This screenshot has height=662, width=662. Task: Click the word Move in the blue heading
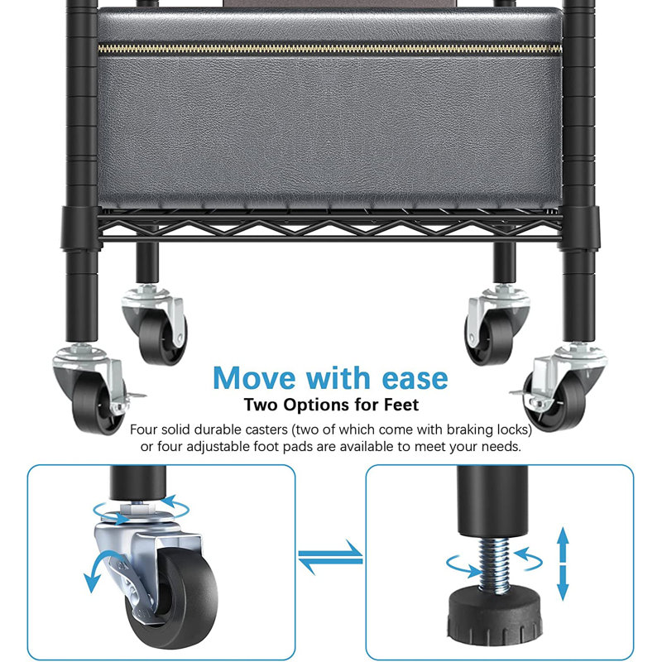pos(254,378)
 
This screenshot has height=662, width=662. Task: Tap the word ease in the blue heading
pos(415,379)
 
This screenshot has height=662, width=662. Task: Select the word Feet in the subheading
pos(401,405)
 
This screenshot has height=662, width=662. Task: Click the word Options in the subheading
pos(317,405)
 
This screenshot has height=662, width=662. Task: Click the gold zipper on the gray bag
pos(330,49)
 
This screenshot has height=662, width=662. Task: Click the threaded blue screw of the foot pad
pos(493,565)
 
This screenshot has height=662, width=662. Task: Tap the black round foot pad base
pos(494,616)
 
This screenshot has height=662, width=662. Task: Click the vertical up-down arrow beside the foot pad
pos(564,564)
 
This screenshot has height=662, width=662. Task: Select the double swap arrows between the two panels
pos(330,557)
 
